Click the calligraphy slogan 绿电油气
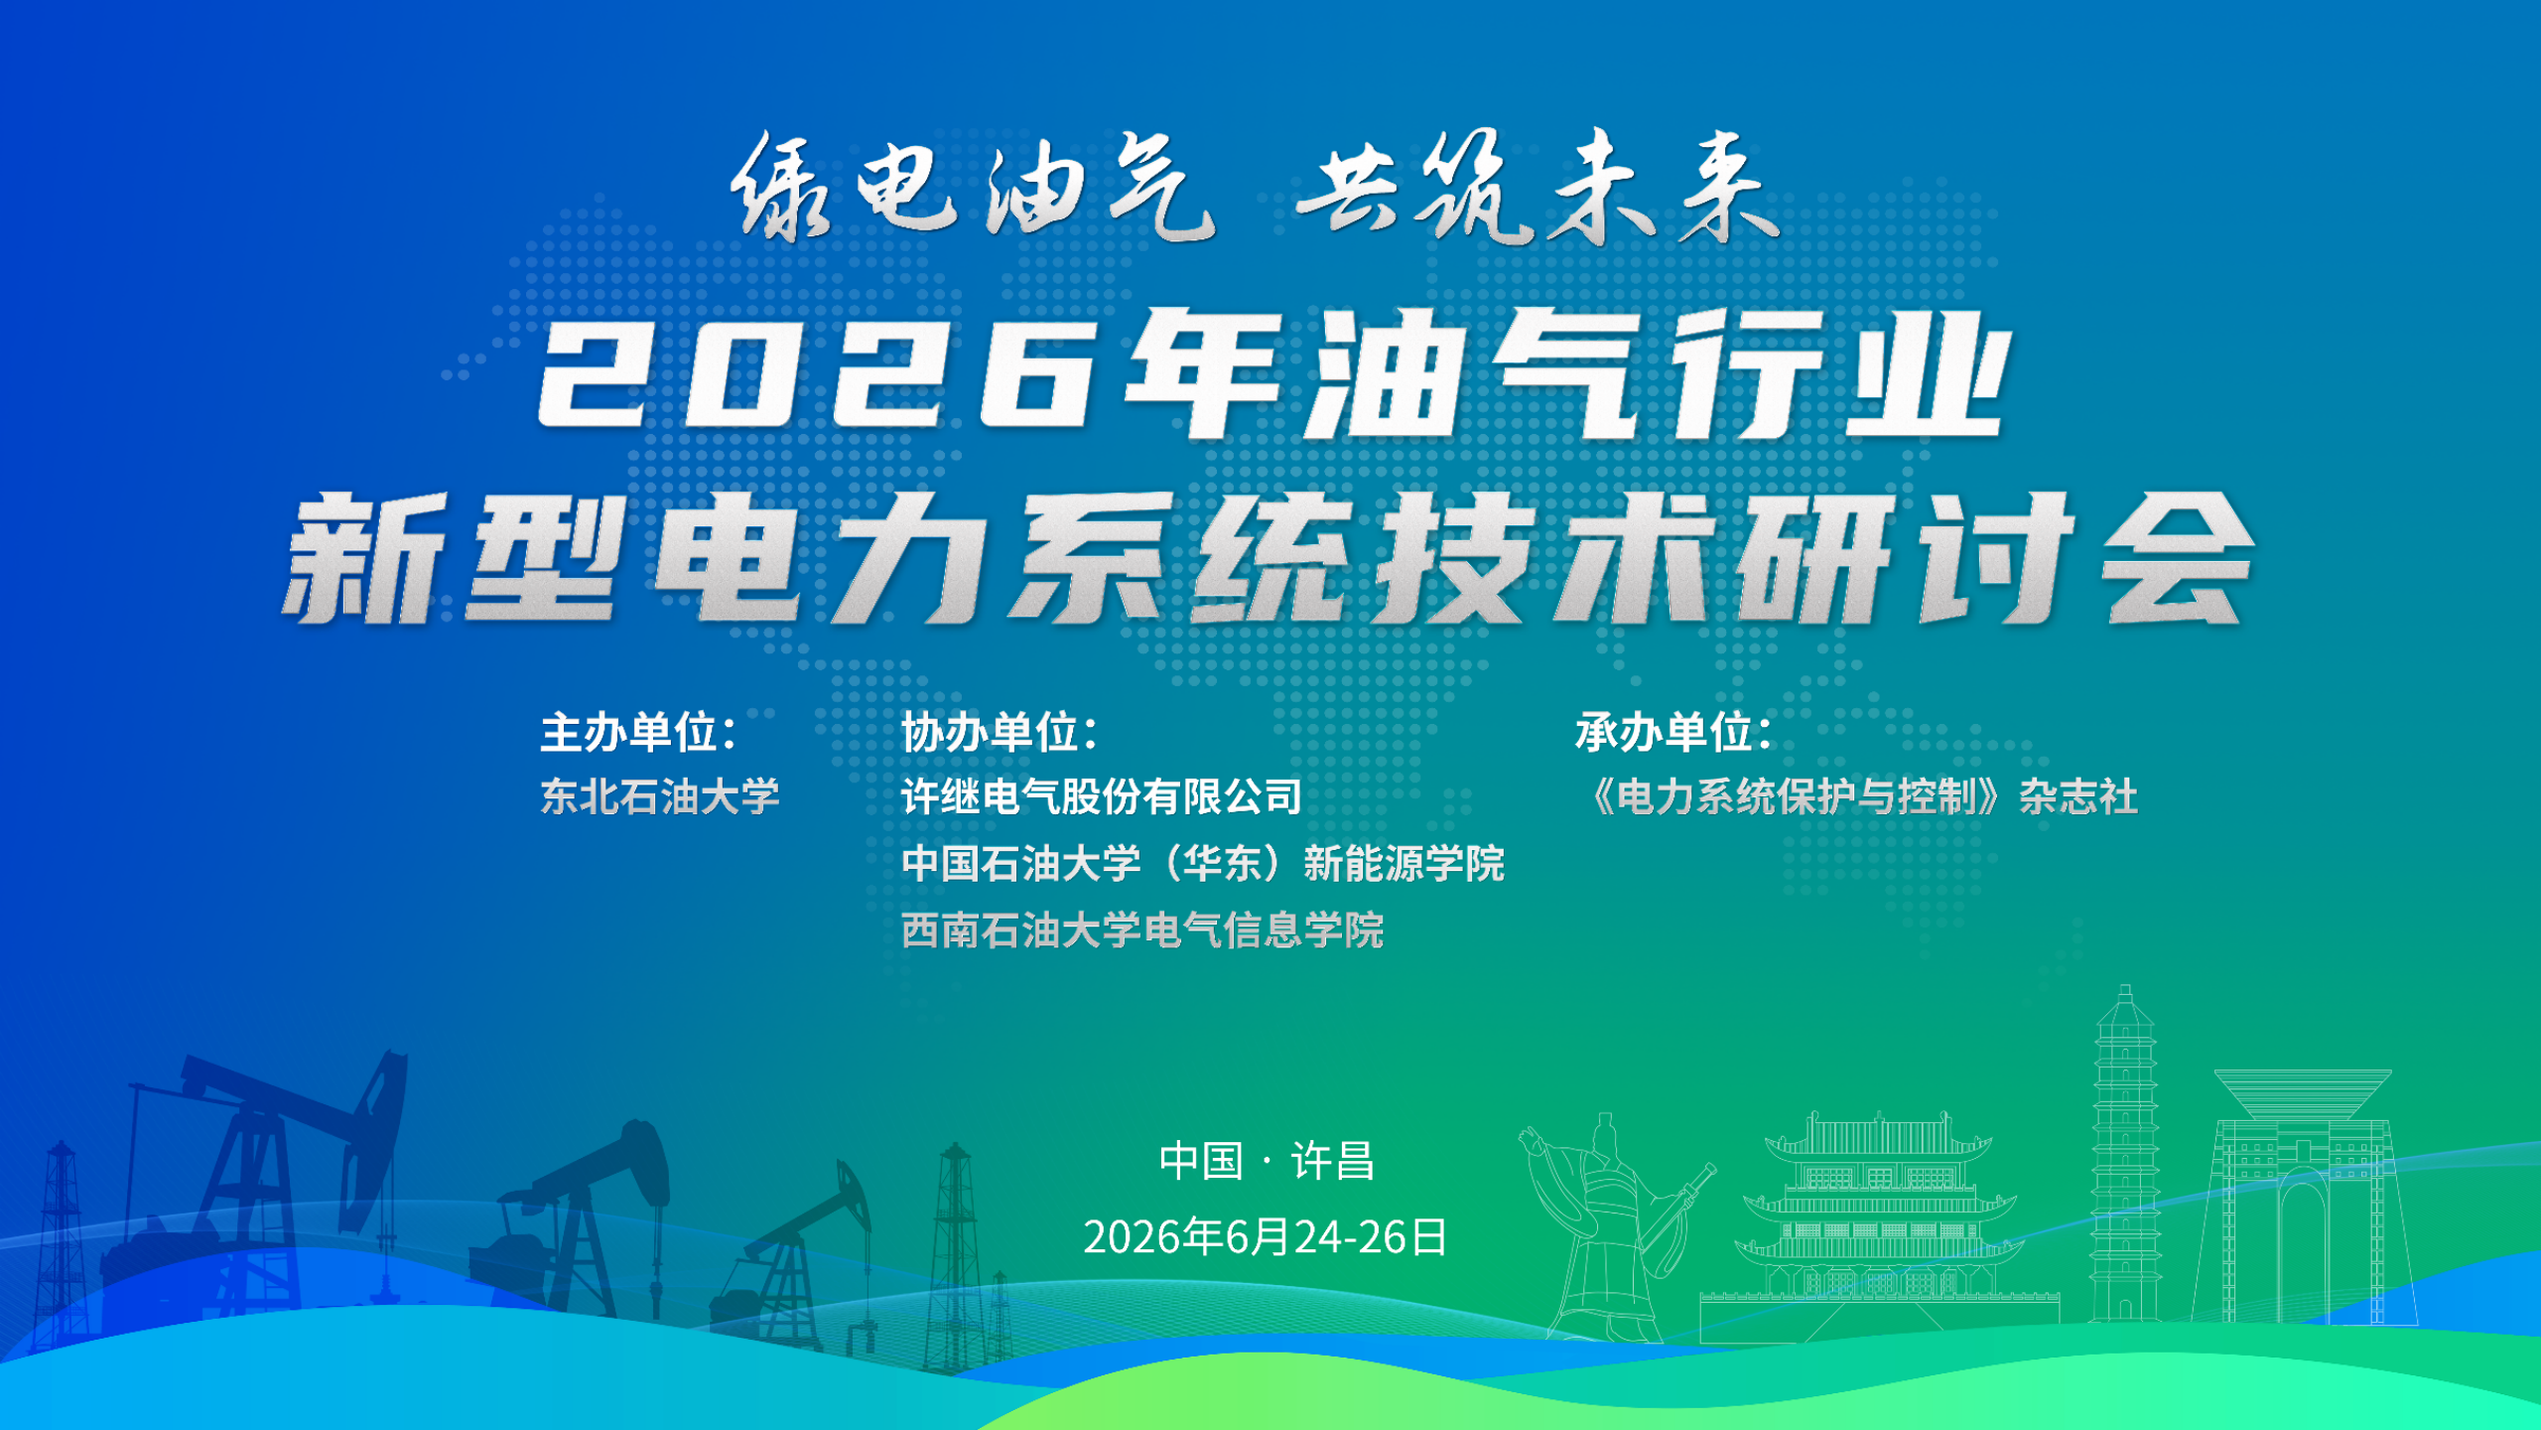[973, 187]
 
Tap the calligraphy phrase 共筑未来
[1538, 187]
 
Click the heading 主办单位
[638, 733]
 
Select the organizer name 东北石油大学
[660, 796]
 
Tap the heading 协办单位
[999, 733]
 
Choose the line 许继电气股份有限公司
[1102, 796]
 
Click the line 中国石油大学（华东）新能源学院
[1203, 863]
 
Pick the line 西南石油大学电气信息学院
[1142, 930]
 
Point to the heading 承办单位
[1673, 733]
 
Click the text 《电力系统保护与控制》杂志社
[1861, 796]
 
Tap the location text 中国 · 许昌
[1267, 1161]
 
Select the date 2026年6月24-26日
[1266, 1237]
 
